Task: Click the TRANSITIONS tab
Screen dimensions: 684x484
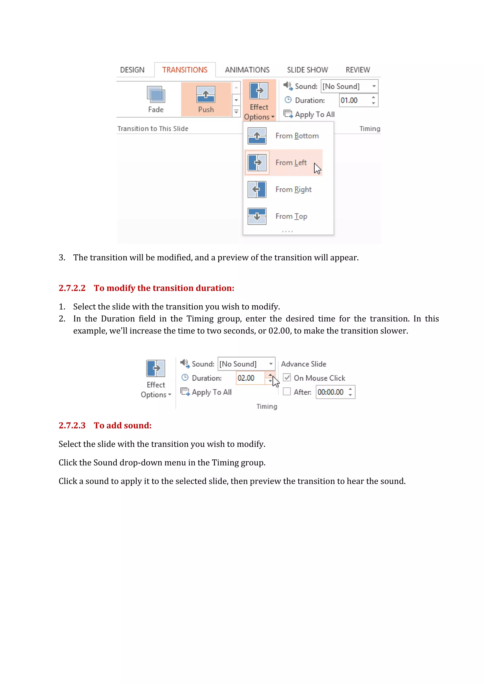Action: (x=185, y=70)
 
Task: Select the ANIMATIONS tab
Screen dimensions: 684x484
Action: (x=247, y=70)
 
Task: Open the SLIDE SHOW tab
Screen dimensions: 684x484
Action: (x=307, y=70)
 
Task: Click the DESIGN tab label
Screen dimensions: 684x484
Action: (x=132, y=70)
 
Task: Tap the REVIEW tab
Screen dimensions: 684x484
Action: (x=358, y=70)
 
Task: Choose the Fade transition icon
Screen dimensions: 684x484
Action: (x=156, y=95)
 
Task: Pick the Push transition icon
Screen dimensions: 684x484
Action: (x=206, y=95)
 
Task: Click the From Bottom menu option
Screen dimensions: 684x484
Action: (x=297, y=136)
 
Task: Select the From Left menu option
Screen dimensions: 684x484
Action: (x=291, y=163)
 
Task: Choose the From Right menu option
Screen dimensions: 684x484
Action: (x=293, y=189)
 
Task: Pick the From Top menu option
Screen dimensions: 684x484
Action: (x=291, y=216)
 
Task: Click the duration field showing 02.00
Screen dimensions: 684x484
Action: (x=250, y=378)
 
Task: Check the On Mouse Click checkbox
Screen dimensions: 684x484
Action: (x=287, y=378)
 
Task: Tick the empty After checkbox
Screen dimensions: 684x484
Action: (x=287, y=392)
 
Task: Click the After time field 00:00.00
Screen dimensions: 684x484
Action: (x=331, y=392)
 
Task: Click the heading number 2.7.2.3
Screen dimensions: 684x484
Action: (x=72, y=425)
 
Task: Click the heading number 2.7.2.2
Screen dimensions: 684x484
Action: (x=72, y=288)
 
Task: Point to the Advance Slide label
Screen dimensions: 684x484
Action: (x=303, y=364)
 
